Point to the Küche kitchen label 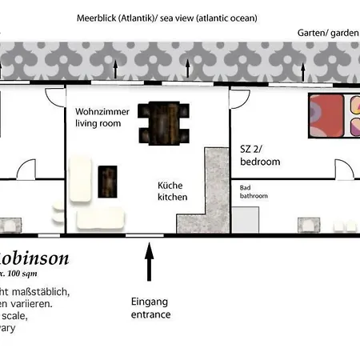click(x=172, y=191)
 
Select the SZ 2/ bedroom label click(x=260, y=155)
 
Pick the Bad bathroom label click(x=254, y=192)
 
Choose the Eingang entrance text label click(x=150, y=308)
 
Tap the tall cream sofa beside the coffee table click(x=81, y=178)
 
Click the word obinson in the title click(x=35, y=258)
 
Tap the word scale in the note click(x=14, y=315)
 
